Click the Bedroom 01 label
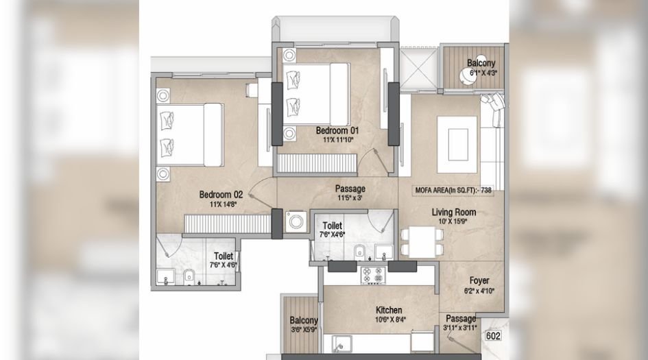(x=336, y=130)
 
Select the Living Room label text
(x=453, y=212)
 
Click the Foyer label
(x=479, y=280)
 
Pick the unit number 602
(x=492, y=336)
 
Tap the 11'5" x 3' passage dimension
(x=350, y=197)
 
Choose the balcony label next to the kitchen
(x=302, y=321)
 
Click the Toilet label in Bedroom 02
(x=224, y=256)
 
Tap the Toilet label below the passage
(x=333, y=225)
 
